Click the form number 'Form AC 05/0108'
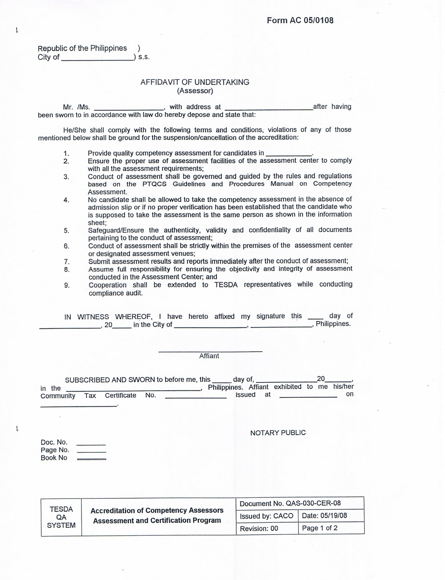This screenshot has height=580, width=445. pyautogui.click(x=300, y=20)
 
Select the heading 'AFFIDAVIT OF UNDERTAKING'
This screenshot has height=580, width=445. pyautogui.click(x=195, y=82)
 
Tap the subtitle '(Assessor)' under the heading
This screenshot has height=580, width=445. pyautogui.click(x=195, y=91)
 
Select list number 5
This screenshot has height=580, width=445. pyautogui.click(x=66, y=231)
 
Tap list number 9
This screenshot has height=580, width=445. pyautogui.click(x=67, y=285)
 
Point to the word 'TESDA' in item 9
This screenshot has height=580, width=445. pyautogui.click(x=226, y=285)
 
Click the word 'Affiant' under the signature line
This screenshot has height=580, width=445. pyautogui.click(x=209, y=356)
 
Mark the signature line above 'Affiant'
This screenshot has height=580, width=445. pyautogui.click(x=210, y=351)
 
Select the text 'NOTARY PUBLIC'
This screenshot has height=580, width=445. pyautogui.click(x=278, y=433)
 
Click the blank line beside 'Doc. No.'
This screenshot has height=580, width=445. pyautogui.click(x=91, y=444)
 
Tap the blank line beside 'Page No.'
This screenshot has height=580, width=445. pyautogui.click(x=92, y=452)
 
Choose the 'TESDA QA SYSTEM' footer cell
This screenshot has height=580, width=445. pyautogui.click(x=61, y=517)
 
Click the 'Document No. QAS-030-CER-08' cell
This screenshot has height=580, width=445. pyautogui.click(x=300, y=504)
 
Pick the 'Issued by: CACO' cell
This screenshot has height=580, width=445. pyautogui.click(x=267, y=516)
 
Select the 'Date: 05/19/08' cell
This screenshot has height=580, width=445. pyautogui.click(x=330, y=516)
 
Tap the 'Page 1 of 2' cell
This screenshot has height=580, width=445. pyautogui.click(x=330, y=528)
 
